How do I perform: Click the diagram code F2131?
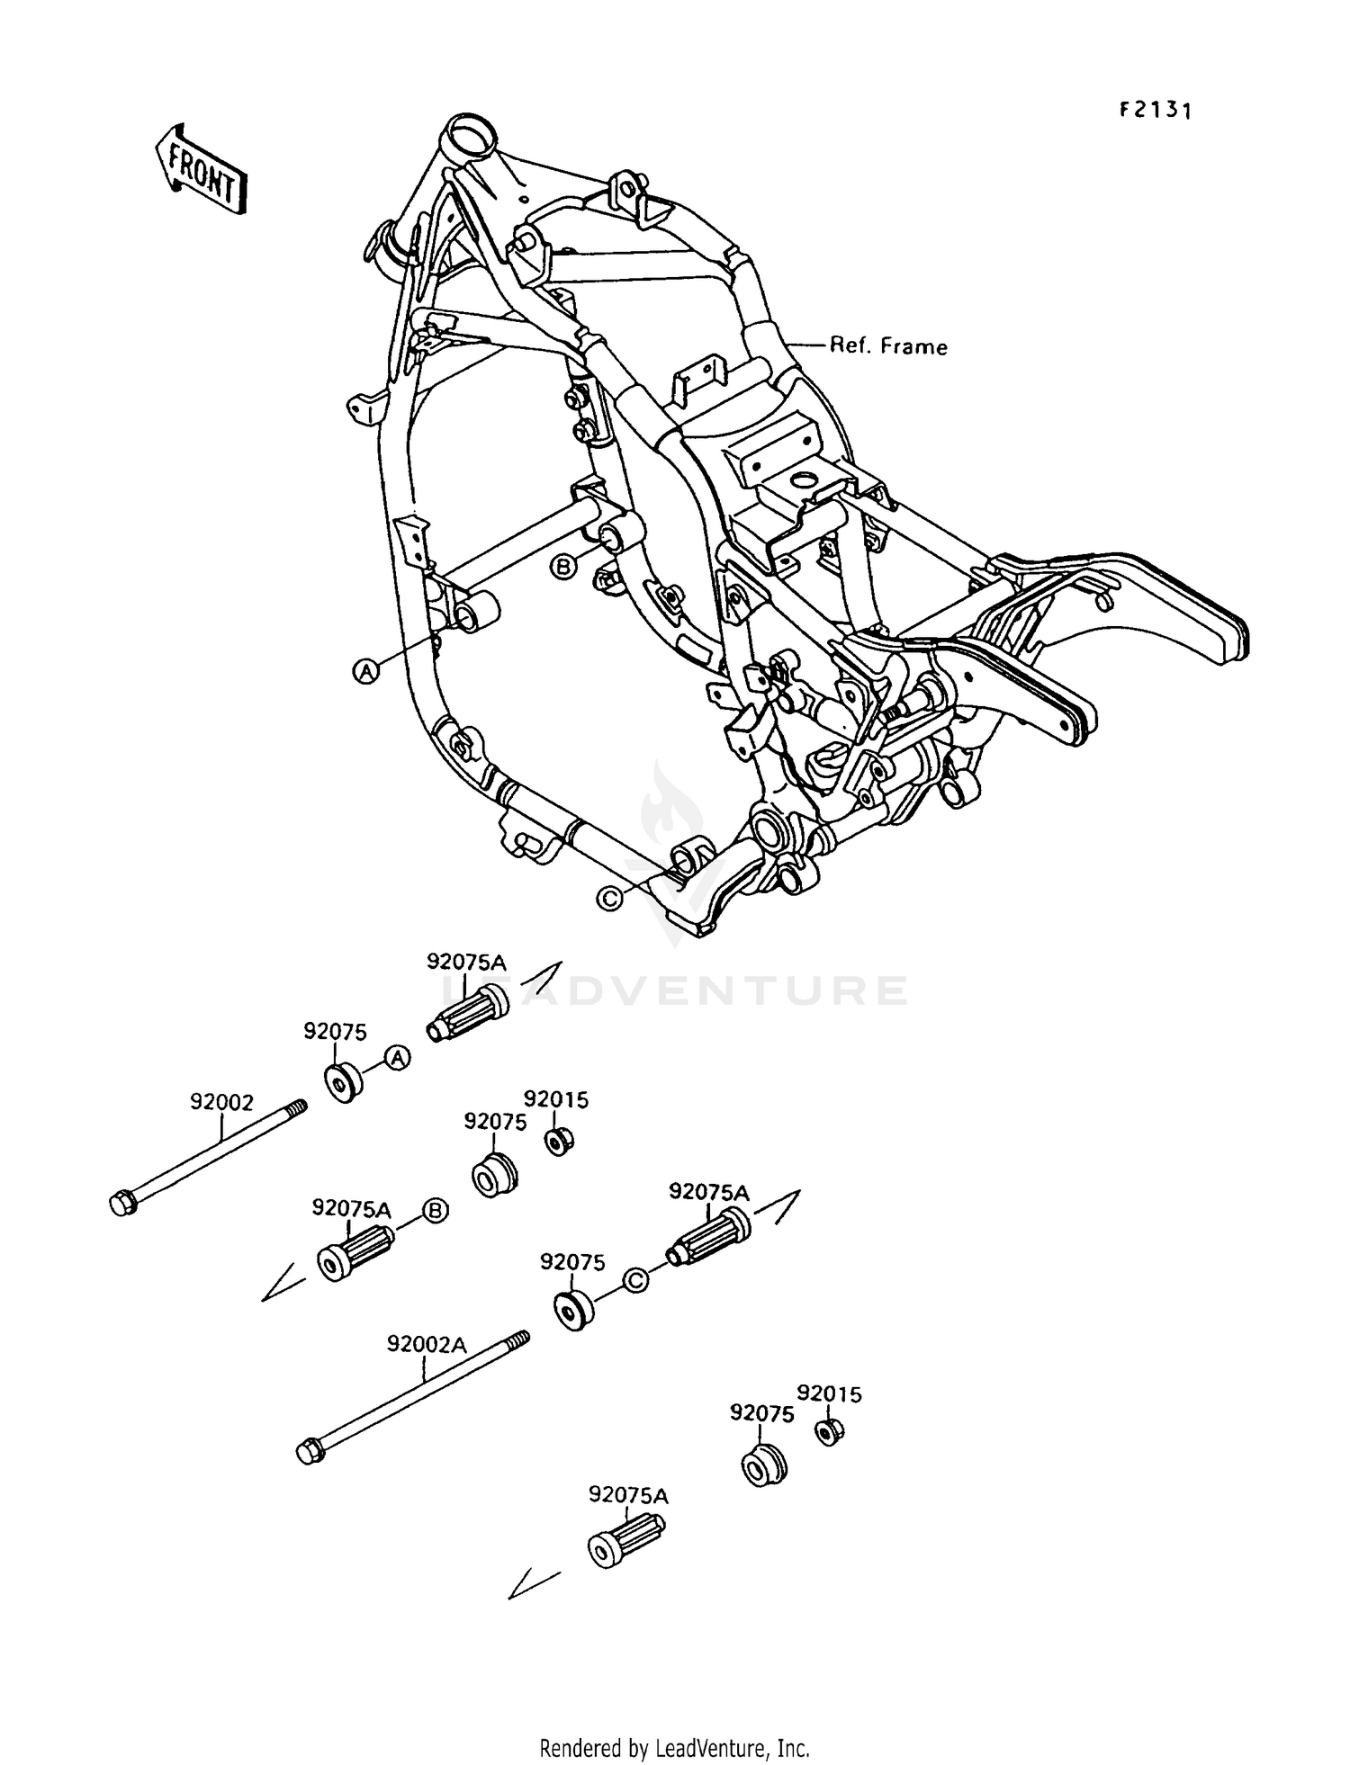pos(1155,111)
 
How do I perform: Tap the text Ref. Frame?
pos(887,346)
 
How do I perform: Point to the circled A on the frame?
pos(364,671)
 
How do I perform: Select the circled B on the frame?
pos(562,567)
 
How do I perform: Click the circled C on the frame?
pos(609,898)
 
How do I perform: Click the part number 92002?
pos(221,1102)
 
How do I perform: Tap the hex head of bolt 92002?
pos(123,1204)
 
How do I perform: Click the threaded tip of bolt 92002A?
pos(521,1339)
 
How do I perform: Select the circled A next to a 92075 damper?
pos(398,1059)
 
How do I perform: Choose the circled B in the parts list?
pos(435,1212)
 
